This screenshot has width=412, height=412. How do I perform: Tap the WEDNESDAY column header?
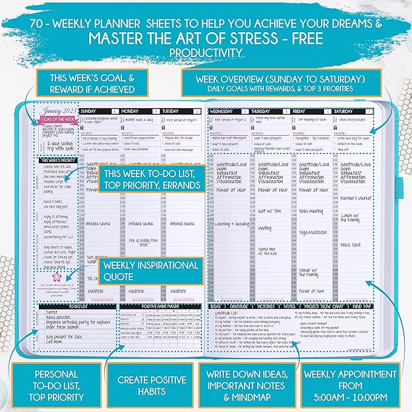[223, 112]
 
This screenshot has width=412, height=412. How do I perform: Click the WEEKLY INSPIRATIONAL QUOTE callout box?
[151, 271]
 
